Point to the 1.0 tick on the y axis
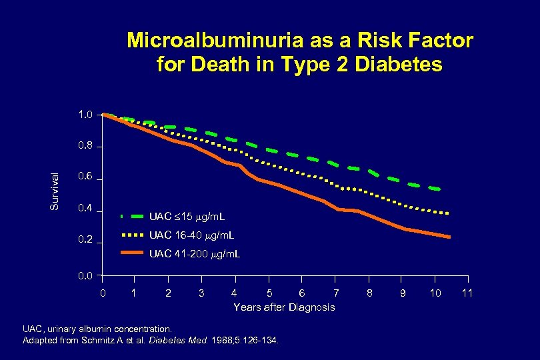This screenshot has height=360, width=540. (85, 115)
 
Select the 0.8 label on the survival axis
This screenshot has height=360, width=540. (85, 147)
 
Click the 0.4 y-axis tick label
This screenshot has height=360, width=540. (85, 210)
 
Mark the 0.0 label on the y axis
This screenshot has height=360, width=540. (85, 275)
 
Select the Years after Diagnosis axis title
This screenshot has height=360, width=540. (284, 307)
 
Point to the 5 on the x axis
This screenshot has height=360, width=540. (269, 293)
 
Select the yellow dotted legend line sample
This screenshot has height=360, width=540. (133, 235)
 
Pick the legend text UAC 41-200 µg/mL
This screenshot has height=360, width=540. (195, 254)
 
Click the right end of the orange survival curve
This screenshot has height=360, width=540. (450, 237)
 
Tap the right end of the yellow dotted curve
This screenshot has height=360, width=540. (448, 213)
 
